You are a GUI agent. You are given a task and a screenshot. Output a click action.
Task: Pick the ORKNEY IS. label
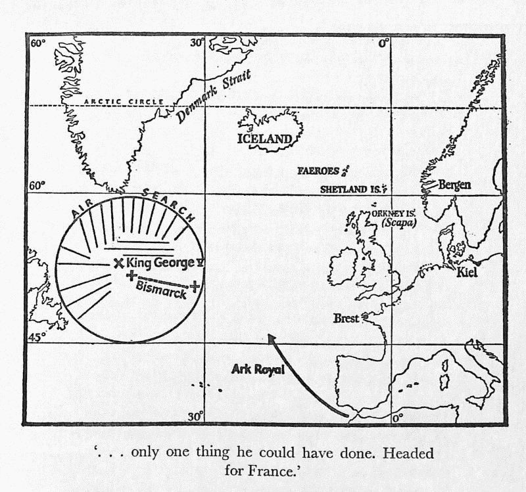point(393,213)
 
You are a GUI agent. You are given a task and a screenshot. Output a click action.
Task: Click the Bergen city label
point(454,185)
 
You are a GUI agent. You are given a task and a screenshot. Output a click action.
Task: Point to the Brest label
point(346,318)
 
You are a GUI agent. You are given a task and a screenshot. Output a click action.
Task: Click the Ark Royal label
point(258,370)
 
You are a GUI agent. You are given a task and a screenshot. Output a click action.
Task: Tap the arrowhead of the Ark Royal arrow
point(269,336)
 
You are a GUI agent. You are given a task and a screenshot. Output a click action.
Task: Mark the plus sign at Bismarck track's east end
point(195,286)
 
